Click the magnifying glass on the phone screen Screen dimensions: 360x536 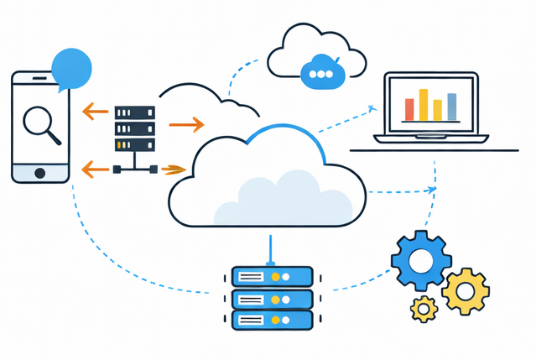click(39, 123)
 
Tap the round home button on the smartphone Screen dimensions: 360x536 click(39, 172)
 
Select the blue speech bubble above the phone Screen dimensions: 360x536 click(70, 67)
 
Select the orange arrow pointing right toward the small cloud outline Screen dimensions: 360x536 click(186, 125)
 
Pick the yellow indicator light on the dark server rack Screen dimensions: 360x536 click(126, 144)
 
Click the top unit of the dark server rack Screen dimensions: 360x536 click(135, 112)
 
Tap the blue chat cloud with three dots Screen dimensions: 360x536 click(322, 72)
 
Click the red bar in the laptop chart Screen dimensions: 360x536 click(409, 109)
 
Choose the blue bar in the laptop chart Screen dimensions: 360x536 click(451, 107)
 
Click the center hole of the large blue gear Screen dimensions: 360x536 click(421, 262)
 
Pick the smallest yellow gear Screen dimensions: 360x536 click(424, 310)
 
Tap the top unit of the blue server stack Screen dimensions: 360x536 click(272, 276)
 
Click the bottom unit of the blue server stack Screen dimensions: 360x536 click(272, 320)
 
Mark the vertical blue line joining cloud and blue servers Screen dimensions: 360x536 click(270, 248)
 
